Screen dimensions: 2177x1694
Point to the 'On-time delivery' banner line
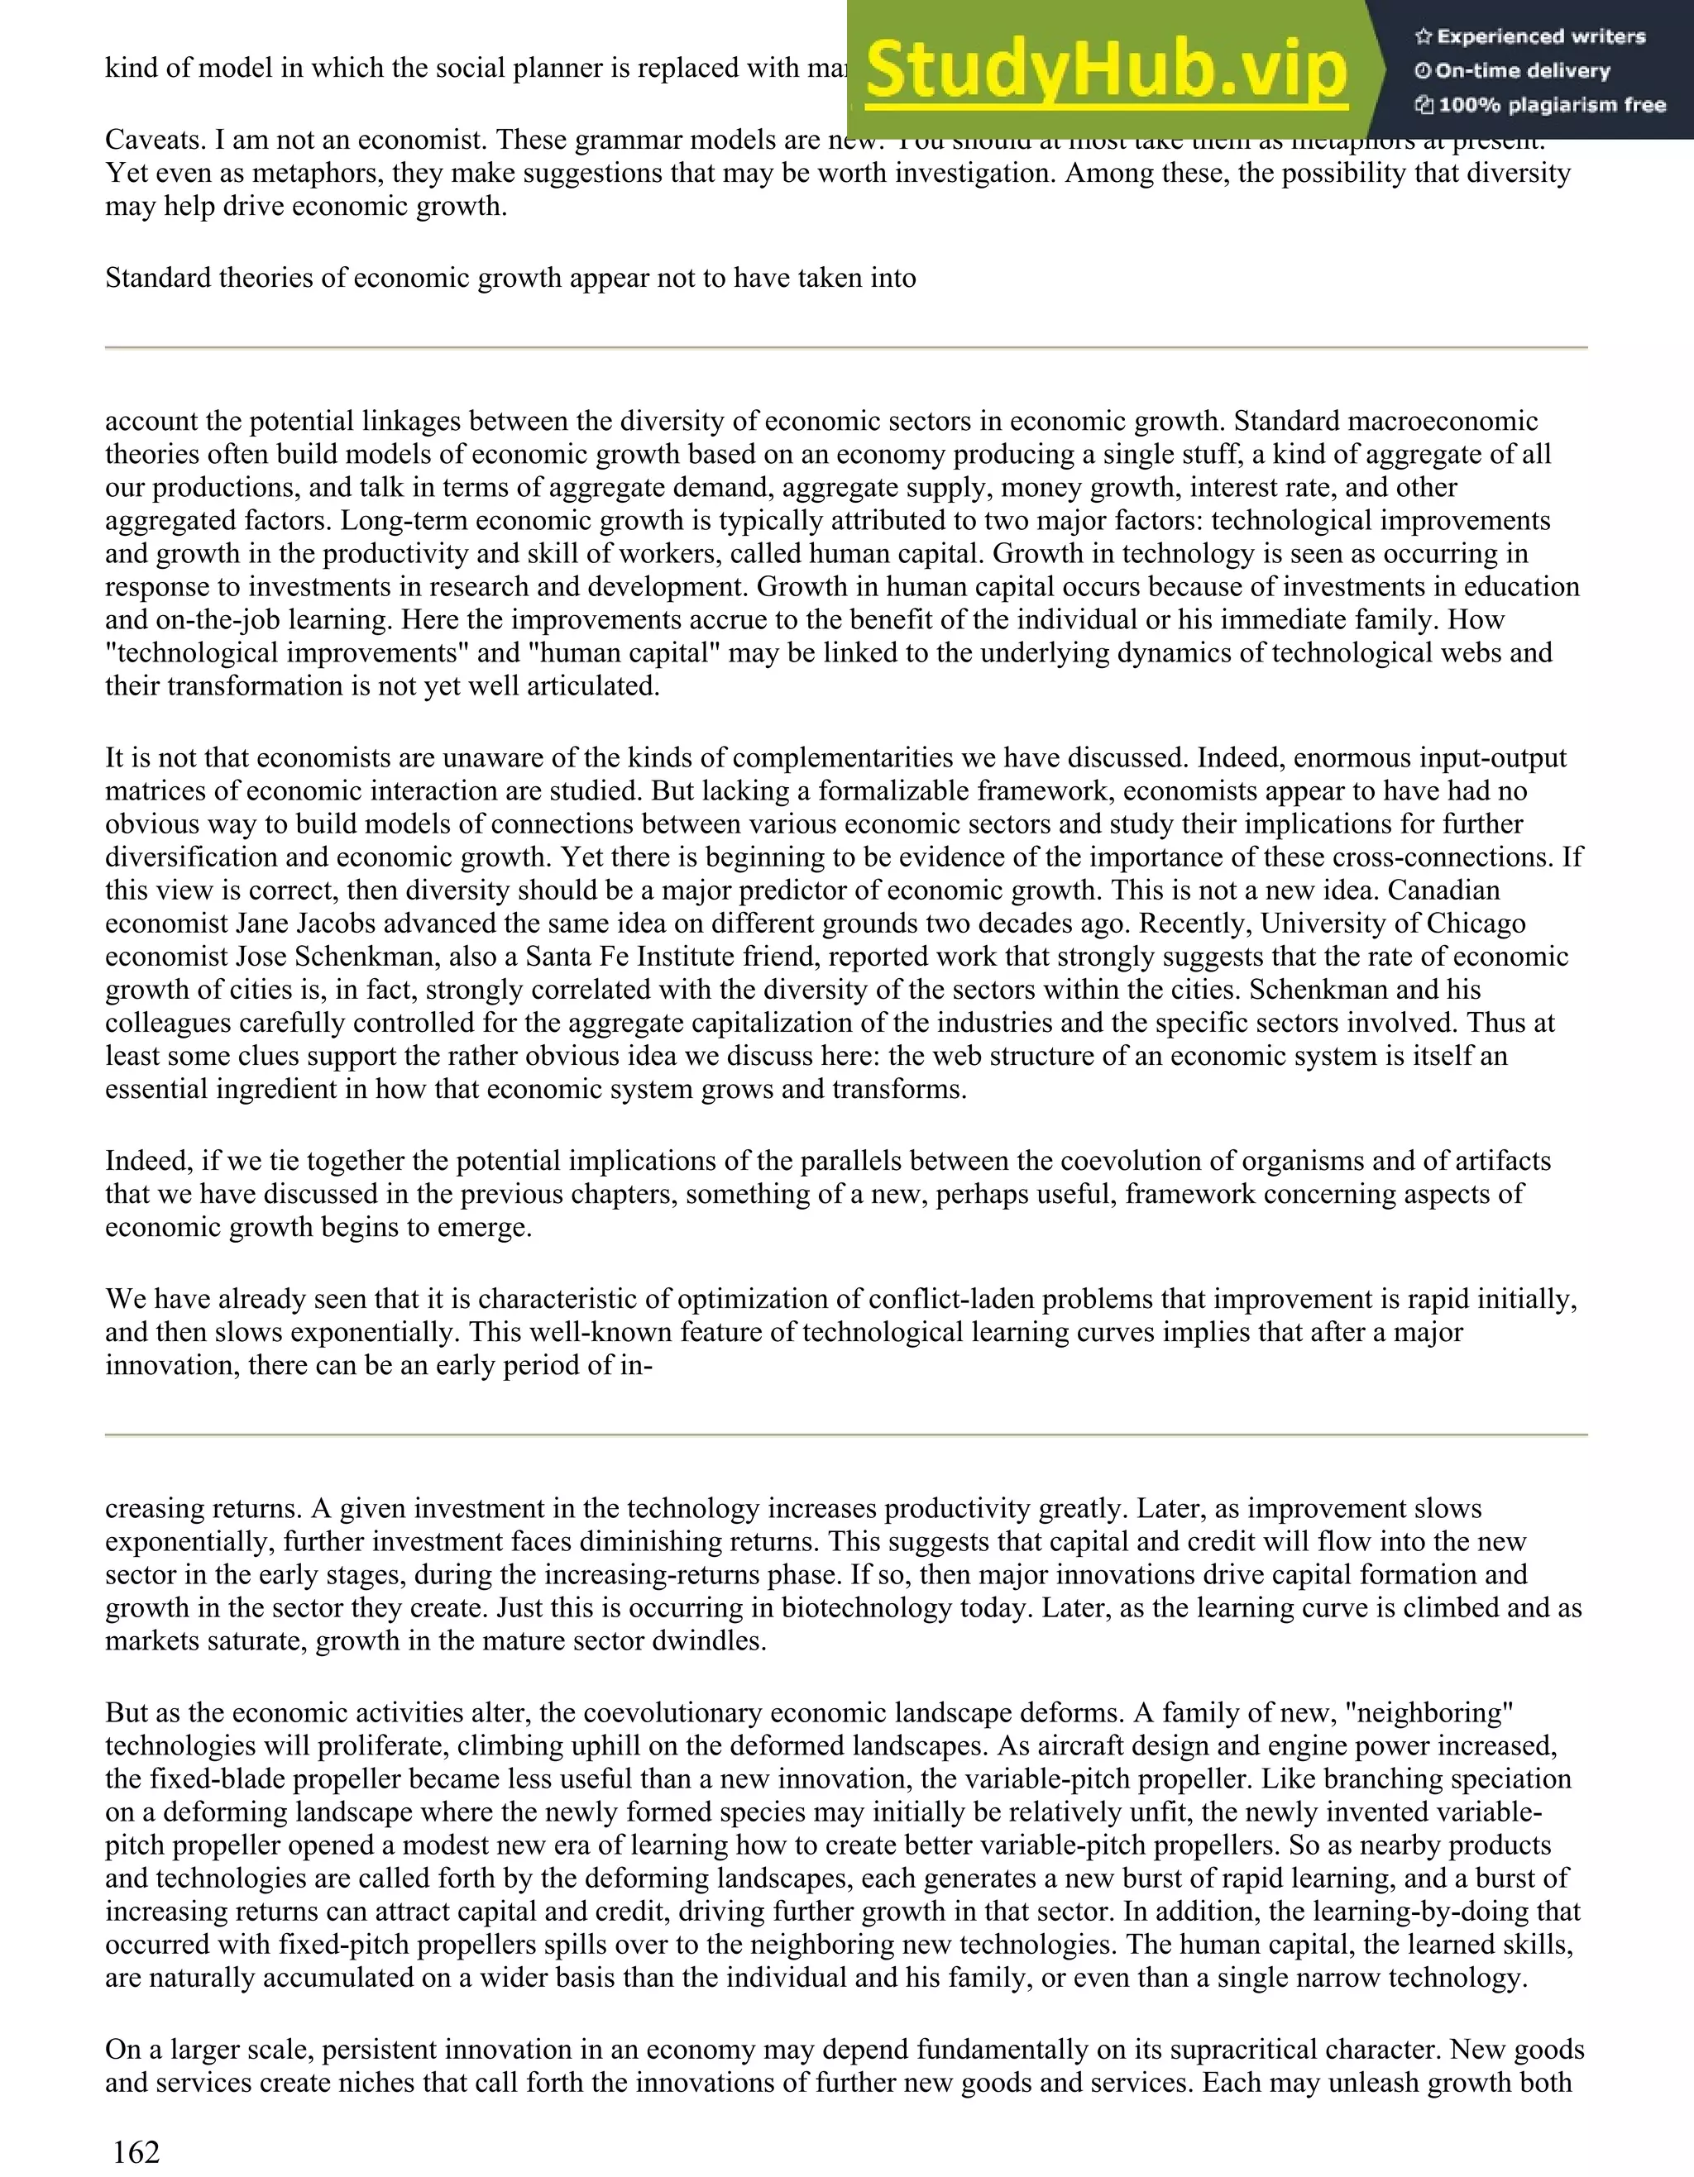(x=1523, y=71)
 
